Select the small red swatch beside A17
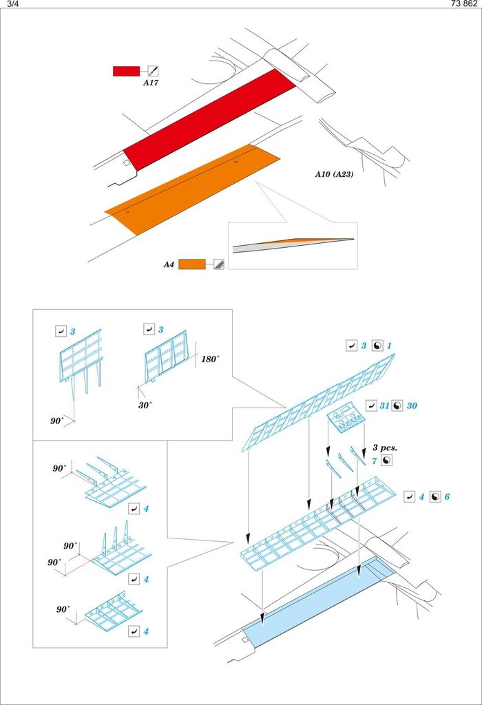point(127,71)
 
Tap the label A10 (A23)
point(334,175)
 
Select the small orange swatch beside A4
point(191,264)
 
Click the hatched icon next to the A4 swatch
point(218,264)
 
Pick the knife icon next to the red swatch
point(154,71)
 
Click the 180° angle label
point(210,359)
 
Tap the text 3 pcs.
point(386,448)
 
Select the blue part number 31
point(384,406)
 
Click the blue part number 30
point(412,406)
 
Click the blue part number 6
point(447,496)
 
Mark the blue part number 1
point(390,346)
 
